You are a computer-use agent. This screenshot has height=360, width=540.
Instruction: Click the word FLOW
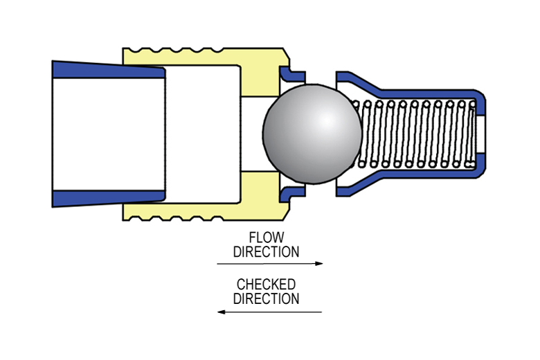click(267, 238)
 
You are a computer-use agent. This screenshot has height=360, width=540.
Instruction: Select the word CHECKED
click(267, 285)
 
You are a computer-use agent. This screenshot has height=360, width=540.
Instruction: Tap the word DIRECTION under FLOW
click(267, 252)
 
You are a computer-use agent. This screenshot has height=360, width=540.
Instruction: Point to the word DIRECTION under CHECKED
click(267, 299)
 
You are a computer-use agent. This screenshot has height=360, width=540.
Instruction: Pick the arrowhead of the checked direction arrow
click(221, 312)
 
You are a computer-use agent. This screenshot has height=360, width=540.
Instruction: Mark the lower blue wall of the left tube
click(104, 198)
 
